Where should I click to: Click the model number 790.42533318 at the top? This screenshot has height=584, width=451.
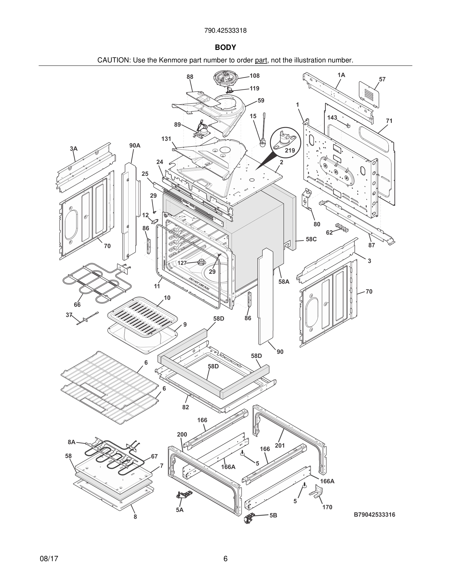pyautogui.click(x=225, y=31)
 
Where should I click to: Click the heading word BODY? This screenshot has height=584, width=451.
pyautogui.click(x=225, y=47)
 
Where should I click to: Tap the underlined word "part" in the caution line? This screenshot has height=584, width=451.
pyautogui.click(x=261, y=60)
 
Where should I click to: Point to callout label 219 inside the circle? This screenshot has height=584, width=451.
pyautogui.click(x=290, y=150)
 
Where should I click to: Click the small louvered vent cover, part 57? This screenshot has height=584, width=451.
pyautogui.click(x=369, y=94)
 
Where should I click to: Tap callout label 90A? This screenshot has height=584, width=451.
pyautogui.click(x=135, y=146)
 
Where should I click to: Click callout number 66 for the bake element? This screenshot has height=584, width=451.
pyautogui.click(x=77, y=305)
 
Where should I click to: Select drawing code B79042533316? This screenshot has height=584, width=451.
pyautogui.click(x=374, y=514)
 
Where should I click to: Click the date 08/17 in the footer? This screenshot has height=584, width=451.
pyautogui.click(x=49, y=559)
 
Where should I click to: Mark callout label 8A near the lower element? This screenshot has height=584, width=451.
pyautogui.click(x=71, y=442)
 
